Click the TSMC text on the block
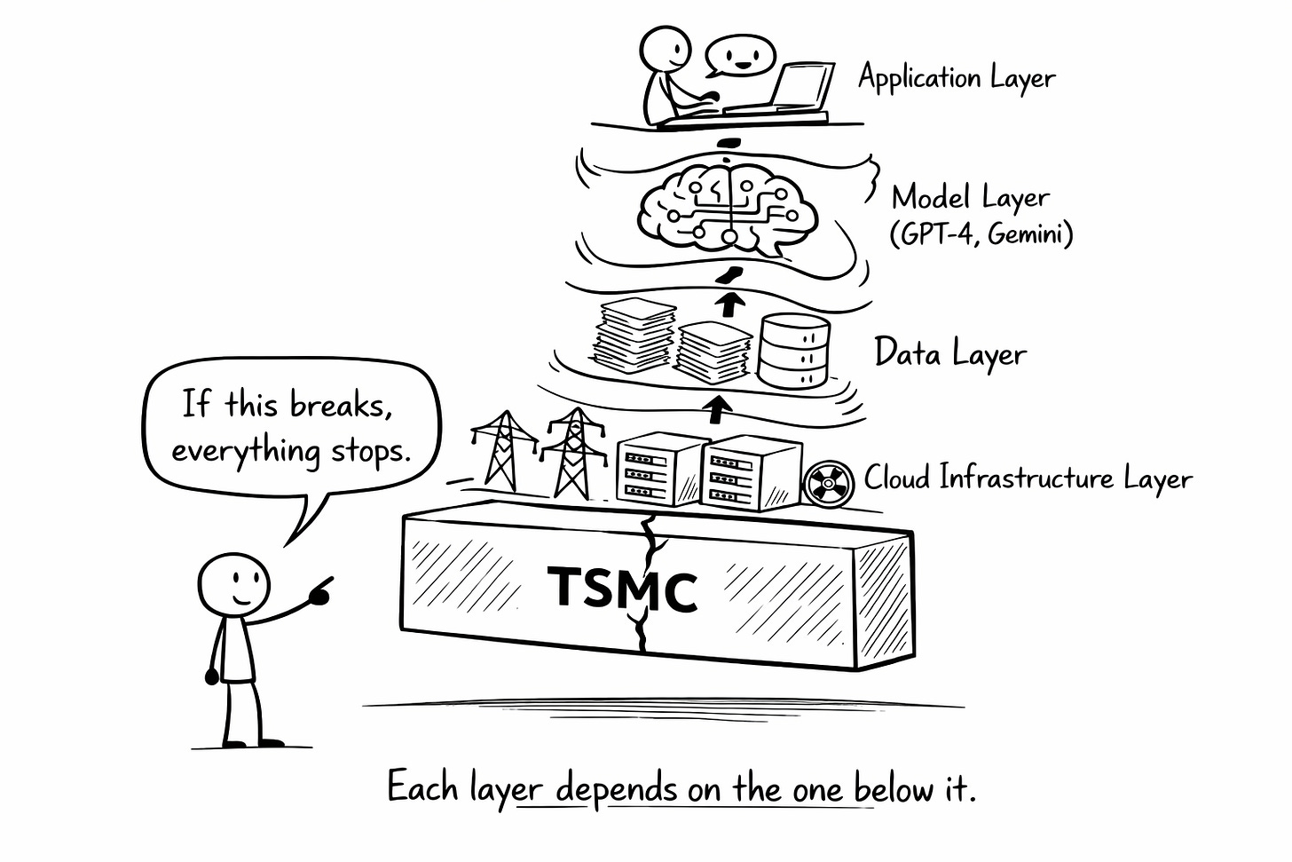tap(622, 588)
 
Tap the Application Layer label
tap(957, 78)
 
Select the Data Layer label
tap(949, 353)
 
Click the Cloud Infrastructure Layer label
tap(1028, 478)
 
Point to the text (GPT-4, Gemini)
tap(981, 234)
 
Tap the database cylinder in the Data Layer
tap(793, 350)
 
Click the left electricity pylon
tap(503, 448)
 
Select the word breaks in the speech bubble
tap(341, 405)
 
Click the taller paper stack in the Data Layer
tap(634, 337)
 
